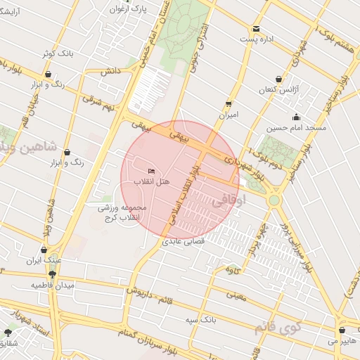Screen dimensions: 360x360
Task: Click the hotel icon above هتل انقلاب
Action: (x=152, y=171)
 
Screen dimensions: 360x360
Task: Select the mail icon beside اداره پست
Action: (x=256, y=29)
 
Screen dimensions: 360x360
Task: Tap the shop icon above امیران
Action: (x=229, y=103)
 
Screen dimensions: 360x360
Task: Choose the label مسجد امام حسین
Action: (x=296, y=129)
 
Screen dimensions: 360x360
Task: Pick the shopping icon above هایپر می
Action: (x=342, y=330)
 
